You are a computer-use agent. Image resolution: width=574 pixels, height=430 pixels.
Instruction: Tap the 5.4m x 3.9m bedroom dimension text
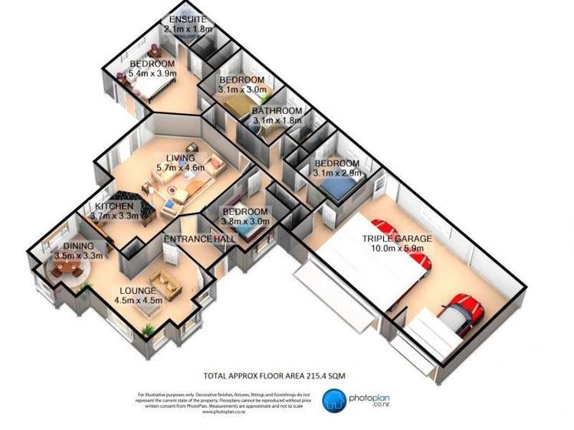153,74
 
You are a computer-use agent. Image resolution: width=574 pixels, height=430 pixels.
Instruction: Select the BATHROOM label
277,111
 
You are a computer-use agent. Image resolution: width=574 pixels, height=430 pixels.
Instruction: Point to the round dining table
65,269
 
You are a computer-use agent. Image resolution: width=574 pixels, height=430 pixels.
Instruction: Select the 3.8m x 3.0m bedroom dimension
245,222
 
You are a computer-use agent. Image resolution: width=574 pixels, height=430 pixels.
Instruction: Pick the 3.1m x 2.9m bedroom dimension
336,174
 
